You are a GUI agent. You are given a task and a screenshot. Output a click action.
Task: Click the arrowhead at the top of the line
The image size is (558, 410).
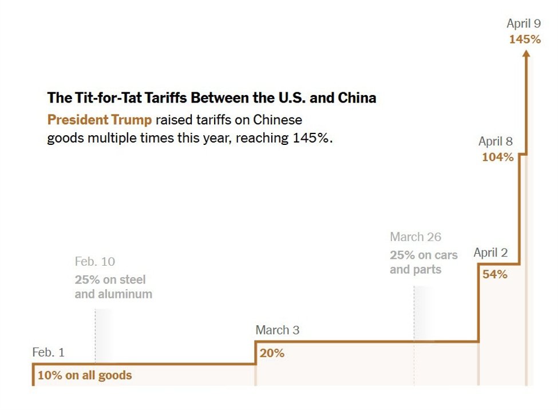[x=527, y=53]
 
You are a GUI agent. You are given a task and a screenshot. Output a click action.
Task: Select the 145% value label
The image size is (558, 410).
[x=525, y=40]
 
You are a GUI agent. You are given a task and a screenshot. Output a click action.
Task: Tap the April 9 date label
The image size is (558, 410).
[x=523, y=23]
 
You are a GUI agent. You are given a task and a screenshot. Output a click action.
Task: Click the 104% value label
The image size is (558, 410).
[x=497, y=157]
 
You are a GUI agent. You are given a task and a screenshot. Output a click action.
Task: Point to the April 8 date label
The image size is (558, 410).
[x=496, y=141]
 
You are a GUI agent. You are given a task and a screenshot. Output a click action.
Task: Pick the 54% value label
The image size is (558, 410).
[x=495, y=274]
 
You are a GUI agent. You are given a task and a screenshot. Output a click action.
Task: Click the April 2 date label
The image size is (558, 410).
[x=490, y=253]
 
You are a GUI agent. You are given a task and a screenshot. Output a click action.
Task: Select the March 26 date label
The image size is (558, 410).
[x=415, y=237]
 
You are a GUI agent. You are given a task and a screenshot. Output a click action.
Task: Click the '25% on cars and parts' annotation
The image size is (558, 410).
[x=424, y=262]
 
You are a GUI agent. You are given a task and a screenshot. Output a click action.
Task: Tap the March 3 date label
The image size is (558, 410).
[x=277, y=330]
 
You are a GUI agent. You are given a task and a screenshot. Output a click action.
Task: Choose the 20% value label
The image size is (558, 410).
[x=272, y=353]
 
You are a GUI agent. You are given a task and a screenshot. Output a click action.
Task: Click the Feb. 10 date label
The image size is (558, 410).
[x=94, y=262]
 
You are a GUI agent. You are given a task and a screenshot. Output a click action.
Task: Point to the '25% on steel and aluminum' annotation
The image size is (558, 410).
[x=113, y=287]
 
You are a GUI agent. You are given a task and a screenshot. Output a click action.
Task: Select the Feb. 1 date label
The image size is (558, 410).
[x=48, y=353]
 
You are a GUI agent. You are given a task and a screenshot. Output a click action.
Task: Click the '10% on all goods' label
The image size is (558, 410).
[x=85, y=376]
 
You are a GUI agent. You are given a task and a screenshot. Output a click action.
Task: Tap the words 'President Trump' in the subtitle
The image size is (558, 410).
[x=100, y=120]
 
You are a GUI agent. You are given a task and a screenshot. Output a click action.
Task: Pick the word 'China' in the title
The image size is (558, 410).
[x=357, y=98]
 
